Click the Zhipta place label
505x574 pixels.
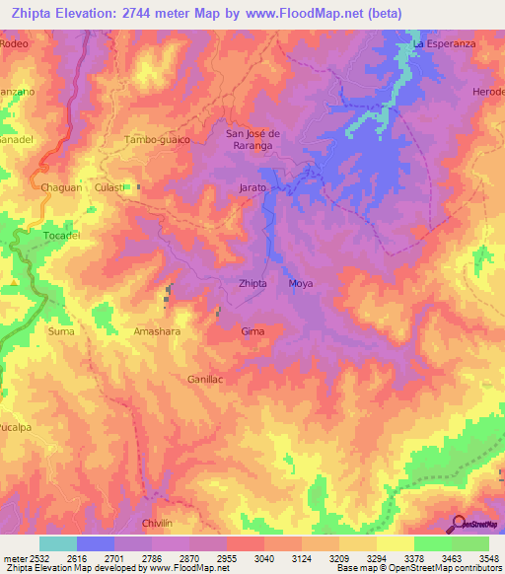pos(253,283)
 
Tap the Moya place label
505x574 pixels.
pos(301,283)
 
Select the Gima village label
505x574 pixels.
pos(252,331)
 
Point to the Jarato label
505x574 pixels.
pos(253,186)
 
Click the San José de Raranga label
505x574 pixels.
pos(254,139)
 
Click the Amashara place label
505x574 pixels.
pos(157,332)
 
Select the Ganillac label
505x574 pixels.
pos(206,378)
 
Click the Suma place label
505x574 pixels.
pos(61,332)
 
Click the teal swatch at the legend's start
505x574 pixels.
pos(58,543)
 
